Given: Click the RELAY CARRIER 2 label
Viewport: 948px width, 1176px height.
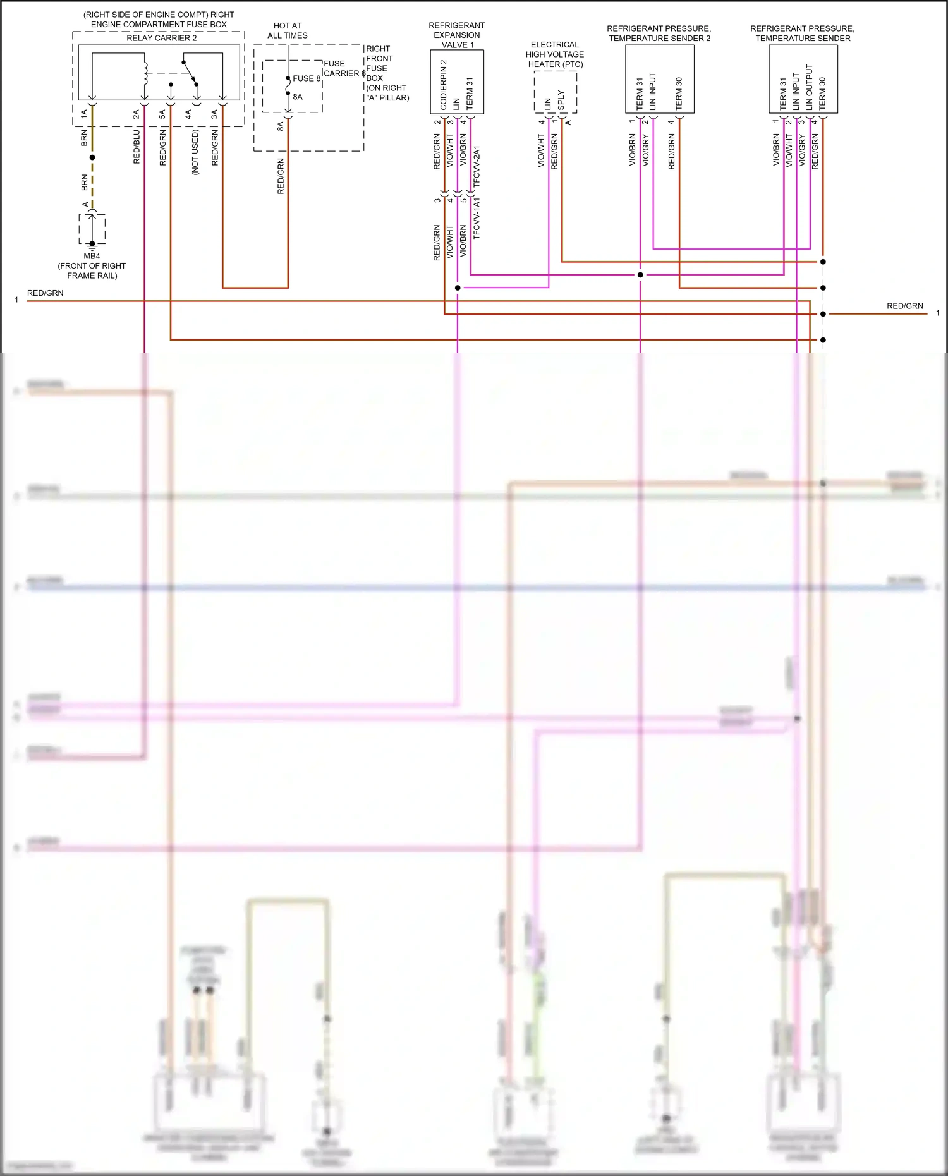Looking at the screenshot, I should tap(161, 38).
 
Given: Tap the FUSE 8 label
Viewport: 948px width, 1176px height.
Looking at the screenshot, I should tap(307, 78).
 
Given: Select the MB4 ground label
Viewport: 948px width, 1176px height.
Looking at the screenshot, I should tap(92, 256).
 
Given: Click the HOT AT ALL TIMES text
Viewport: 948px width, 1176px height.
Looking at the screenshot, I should tap(288, 30).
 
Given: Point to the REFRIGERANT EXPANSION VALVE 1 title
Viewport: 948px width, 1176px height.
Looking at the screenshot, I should tap(457, 35).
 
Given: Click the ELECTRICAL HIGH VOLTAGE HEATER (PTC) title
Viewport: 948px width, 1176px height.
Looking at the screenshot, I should tap(555, 54).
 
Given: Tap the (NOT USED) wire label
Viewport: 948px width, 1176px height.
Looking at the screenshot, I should tap(195, 152).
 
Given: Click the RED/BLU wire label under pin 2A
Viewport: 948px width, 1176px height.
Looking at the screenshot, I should tap(137, 147).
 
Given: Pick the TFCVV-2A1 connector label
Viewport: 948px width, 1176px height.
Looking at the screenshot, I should tap(477, 166).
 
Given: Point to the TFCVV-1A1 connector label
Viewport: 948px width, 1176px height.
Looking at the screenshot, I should tap(477, 218).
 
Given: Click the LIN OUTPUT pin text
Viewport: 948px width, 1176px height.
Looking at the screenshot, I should tap(809, 87).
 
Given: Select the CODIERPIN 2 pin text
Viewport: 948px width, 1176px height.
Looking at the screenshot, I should tap(443, 85).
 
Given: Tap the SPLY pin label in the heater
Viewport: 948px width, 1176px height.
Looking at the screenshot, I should tap(561, 100).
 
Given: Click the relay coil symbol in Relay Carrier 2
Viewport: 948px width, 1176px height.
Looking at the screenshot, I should tap(145, 73).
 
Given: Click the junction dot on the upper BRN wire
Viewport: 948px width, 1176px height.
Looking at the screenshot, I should tap(92, 157).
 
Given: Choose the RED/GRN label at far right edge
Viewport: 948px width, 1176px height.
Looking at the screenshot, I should tap(904, 306).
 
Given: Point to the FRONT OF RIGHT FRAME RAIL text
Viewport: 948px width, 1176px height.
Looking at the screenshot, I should tap(92, 270).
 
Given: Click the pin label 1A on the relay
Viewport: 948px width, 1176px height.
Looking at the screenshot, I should tap(83, 114).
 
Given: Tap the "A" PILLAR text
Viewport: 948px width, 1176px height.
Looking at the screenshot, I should tap(387, 97).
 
